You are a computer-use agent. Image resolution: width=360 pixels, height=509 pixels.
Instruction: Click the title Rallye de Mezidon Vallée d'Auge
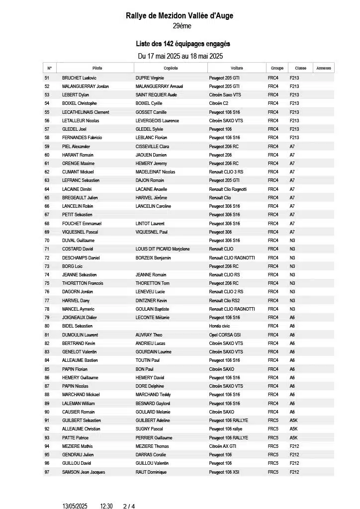180,16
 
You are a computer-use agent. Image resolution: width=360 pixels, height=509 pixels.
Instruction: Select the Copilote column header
171,68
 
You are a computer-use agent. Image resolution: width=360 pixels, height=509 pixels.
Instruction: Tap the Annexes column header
324,68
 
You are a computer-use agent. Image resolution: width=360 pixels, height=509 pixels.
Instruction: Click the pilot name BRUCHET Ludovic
79,78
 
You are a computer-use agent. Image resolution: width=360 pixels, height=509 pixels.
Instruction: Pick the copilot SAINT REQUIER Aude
156,95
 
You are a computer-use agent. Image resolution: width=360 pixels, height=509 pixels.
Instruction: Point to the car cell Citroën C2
219,103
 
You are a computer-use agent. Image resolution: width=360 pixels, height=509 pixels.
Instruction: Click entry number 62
47,172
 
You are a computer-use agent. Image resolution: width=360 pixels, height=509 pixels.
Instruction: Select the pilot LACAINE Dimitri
77,189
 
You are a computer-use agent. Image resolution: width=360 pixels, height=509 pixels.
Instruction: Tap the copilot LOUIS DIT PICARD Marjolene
163,249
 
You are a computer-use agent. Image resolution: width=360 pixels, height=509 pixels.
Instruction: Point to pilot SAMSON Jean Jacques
84,472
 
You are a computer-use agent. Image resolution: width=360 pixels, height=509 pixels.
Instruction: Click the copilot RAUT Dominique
151,472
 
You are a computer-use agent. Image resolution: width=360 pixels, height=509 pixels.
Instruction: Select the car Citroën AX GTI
223,446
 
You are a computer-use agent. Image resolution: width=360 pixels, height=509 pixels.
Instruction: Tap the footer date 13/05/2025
75,506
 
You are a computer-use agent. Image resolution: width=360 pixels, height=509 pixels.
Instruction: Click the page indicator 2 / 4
129,506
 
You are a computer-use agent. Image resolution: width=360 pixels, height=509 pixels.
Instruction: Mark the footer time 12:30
106,506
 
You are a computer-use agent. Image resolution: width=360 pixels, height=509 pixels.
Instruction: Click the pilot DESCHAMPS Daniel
81,258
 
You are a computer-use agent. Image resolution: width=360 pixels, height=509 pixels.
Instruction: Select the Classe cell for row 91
293,421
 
